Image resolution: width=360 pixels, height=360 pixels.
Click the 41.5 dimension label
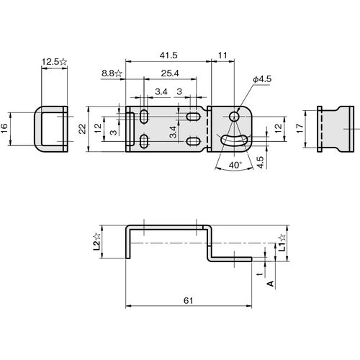pyautogui.click(x=168, y=55)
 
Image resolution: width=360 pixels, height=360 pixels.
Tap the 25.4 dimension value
pyautogui.click(x=170, y=73)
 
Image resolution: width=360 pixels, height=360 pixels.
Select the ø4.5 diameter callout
pyautogui.click(x=262, y=79)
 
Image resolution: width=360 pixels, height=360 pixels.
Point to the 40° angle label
pyautogui.click(x=235, y=165)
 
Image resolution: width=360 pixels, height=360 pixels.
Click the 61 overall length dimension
pyautogui.click(x=188, y=300)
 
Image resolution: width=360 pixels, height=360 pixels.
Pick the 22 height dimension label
pyautogui.click(x=82, y=129)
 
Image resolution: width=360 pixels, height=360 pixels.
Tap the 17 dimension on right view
pyautogui.click(x=300, y=128)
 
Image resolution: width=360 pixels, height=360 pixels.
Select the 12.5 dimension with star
pyautogui.click(x=55, y=62)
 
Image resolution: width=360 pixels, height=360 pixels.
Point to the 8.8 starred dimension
pyautogui.click(x=112, y=73)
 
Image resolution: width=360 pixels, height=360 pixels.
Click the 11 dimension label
pyautogui.click(x=222, y=55)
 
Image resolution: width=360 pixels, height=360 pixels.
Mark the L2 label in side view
pyautogui.click(x=96, y=242)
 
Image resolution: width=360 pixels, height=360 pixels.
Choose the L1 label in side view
pyautogui.click(x=282, y=243)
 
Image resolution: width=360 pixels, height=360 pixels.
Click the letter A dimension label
pyautogui.click(x=271, y=284)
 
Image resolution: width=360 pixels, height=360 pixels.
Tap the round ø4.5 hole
pyautogui.click(x=234, y=117)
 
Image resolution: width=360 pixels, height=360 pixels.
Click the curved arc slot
pyautogui.click(x=234, y=140)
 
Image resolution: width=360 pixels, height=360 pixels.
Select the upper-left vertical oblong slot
pyautogui.click(x=144, y=117)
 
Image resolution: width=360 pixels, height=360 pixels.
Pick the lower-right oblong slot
pyautogui.click(x=194, y=141)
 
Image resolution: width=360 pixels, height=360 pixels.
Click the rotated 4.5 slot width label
pyautogui.click(x=260, y=162)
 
